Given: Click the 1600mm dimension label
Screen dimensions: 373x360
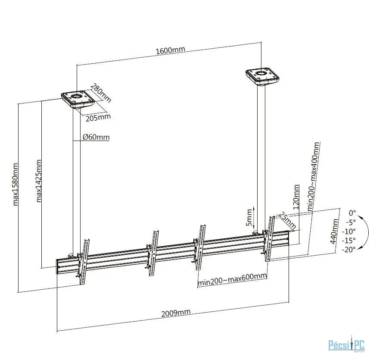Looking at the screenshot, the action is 170,50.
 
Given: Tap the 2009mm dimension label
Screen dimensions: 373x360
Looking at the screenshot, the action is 176,313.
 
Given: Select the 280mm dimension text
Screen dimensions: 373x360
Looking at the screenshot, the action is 101,93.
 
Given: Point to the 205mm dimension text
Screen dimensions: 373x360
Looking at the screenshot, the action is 98,117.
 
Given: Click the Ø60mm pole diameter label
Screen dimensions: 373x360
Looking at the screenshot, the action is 96,138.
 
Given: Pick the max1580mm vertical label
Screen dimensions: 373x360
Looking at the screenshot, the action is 15,184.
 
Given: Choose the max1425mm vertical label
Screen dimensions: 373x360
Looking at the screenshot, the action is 38,181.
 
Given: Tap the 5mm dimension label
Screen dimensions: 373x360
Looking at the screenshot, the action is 249,217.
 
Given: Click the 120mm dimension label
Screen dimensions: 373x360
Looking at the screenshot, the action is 296,197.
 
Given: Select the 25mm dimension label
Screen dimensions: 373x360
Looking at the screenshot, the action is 287,221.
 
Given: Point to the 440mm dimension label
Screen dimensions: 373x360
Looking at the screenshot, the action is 334,232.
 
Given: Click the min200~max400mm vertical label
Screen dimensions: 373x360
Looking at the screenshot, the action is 313,176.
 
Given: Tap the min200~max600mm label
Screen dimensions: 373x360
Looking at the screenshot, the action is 232,279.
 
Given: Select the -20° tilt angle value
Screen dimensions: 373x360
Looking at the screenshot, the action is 349,250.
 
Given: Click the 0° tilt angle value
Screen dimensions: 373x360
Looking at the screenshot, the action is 352,213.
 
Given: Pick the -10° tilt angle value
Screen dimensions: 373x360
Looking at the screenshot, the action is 349,231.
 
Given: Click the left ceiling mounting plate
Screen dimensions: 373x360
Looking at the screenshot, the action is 78,100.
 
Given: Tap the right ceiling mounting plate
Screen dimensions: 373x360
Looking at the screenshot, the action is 262,77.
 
